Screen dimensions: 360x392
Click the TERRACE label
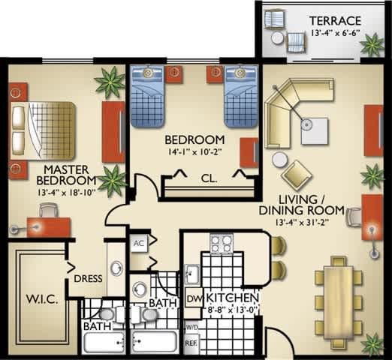pos(336,20)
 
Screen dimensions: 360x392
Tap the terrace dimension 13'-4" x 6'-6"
pos(336,34)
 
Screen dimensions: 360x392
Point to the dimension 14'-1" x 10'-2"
pos(194,154)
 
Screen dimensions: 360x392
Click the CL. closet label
pos(210,178)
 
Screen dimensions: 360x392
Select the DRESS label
pos(88,280)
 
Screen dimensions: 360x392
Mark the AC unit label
pos(137,244)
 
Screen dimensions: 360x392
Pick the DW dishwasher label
pos(192,298)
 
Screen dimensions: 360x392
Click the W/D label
pos(192,327)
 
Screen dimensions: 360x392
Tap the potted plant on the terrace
pos(371,45)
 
